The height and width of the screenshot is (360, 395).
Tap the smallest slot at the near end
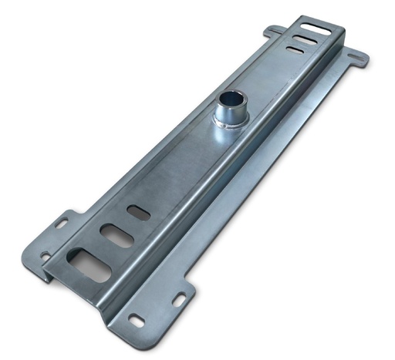139,212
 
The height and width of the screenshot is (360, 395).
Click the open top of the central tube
229,99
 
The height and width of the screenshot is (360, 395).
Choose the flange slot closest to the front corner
137,319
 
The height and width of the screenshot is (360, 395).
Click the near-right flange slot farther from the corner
178,298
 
